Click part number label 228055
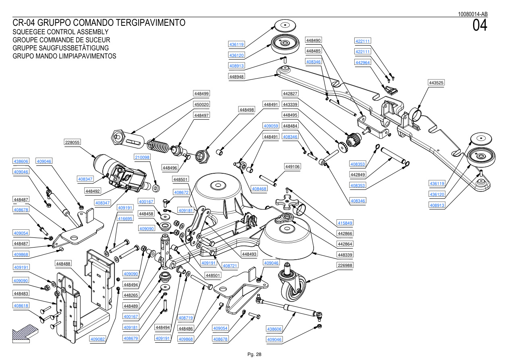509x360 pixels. click(x=72, y=142)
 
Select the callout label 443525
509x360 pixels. click(x=436, y=83)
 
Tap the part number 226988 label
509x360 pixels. click(x=345, y=265)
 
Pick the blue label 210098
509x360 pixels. click(x=142, y=157)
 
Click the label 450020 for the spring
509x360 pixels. click(x=202, y=104)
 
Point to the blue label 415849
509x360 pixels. click(x=345, y=223)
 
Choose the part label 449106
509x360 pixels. click(x=293, y=166)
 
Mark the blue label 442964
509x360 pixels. click(x=363, y=62)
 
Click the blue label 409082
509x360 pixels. click(x=98, y=339)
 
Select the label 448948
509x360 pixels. click(x=237, y=77)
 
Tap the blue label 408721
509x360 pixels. click(x=230, y=266)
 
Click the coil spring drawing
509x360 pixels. click(x=158, y=146)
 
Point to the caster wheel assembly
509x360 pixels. click(x=292, y=281)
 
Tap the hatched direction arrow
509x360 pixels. click(x=25, y=333)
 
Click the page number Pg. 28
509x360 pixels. click(x=254, y=354)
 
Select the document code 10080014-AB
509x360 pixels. click(x=473, y=14)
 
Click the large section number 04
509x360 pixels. click(x=480, y=25)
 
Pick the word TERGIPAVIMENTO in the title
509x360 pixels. click(x=151, y=23)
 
